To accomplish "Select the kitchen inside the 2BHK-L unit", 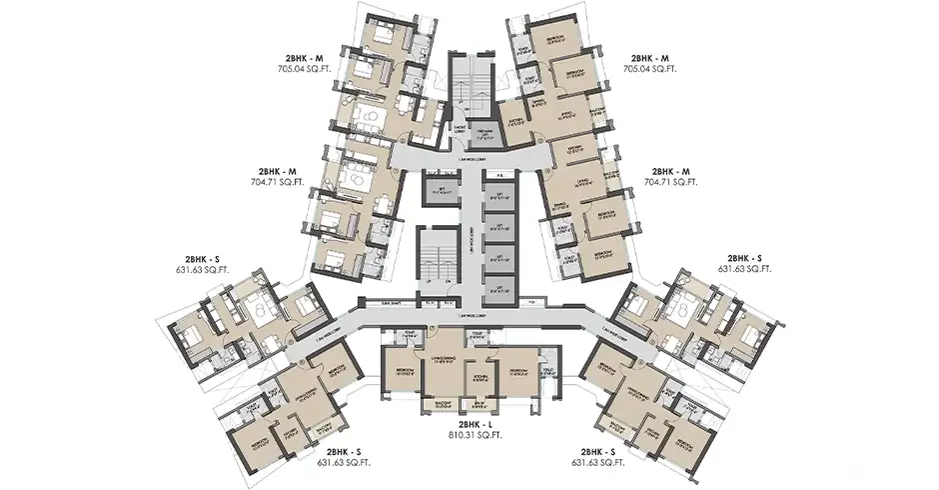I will point(479,377).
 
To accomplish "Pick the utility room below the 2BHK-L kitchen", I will point(479,403).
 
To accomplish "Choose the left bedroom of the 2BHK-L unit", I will point(402,371).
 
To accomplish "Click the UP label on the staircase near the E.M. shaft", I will point(429,281).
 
